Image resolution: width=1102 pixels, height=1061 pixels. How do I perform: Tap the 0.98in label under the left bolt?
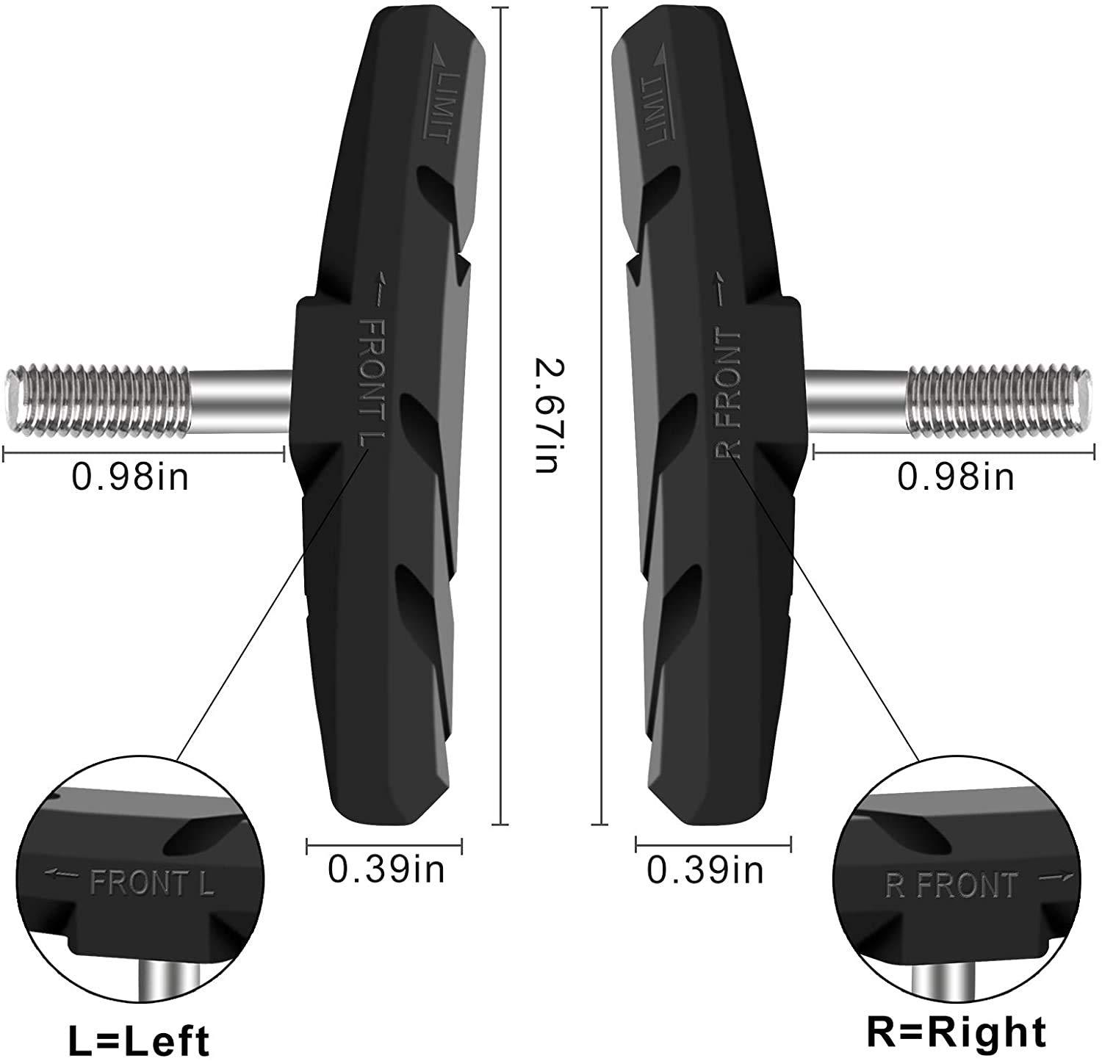pyautogui.click(x=130, y=477)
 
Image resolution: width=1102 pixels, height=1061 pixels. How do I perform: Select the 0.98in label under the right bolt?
pyautogui.click(x=956, y=477)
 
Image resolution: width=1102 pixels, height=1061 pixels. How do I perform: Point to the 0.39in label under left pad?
pyautogui.click(x=386, y=870)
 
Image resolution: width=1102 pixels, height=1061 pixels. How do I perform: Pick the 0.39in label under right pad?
pyautogui.click(x=705, y=871)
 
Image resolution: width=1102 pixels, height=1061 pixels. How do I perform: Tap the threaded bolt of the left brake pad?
pyautogui.click(x=99, y=400)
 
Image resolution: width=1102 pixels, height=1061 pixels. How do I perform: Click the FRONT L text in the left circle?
pyautogui.click(x=151, y=883)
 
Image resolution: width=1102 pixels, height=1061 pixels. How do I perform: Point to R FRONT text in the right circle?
pyautogui.click(x=952, y=886)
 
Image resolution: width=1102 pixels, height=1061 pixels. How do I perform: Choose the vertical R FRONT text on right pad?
pyautogui.click(x=727, y=393)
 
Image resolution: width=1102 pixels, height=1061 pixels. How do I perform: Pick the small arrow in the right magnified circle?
pyautogui.click(x=1056, y=878)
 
